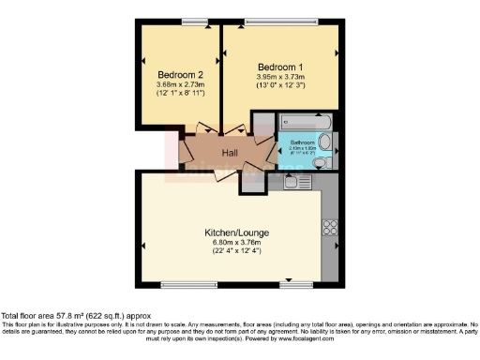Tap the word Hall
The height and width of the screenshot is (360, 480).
pos(229,152)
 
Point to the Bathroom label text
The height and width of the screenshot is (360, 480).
pos(307,142)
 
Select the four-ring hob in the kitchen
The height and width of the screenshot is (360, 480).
pos(329,226)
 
